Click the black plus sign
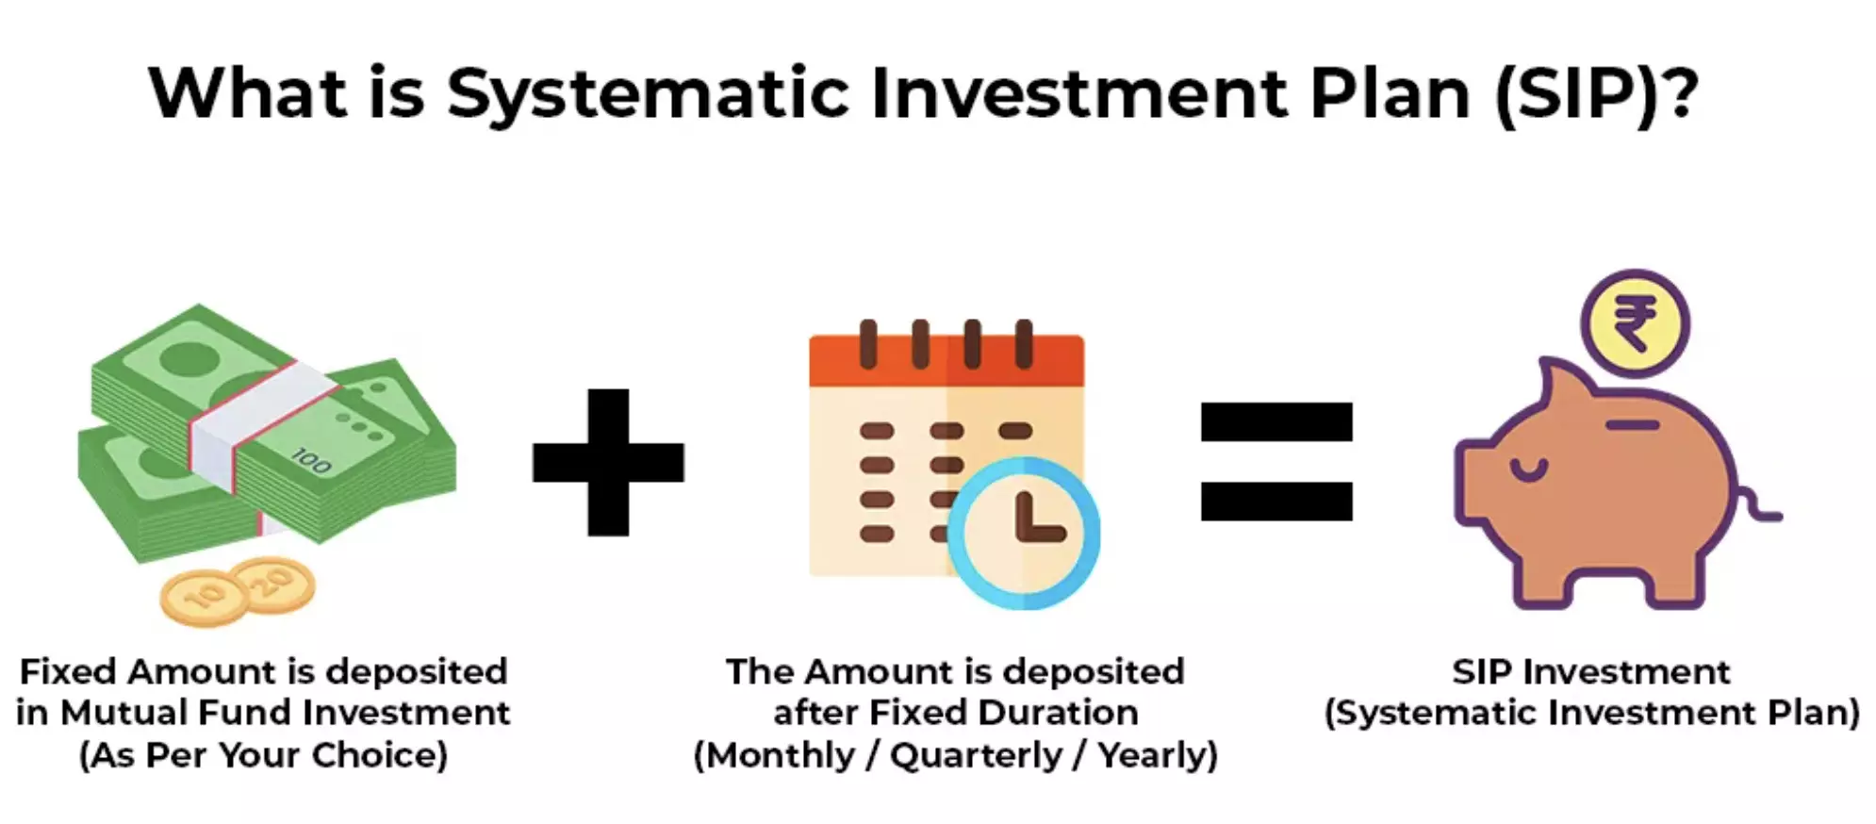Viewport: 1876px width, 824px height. tap(608, 462)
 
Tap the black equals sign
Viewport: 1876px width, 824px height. tap(1275, 461)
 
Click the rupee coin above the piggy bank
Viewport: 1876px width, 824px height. tap(1635, 323)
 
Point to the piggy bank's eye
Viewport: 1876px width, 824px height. tap(1528, 469)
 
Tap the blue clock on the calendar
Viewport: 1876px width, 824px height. tap(1024, 533)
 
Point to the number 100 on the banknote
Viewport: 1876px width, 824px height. tap(310, 461)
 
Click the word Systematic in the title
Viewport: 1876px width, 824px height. tap(648, 94)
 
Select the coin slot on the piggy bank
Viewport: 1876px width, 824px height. tap(1632, 425)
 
